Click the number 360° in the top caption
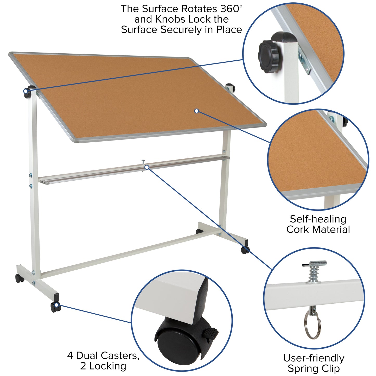coord(231,9)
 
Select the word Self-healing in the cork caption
coord(318,219)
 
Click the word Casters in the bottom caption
coord(120,355)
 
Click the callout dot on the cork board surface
coord(197,111)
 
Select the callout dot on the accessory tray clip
coord(147,167)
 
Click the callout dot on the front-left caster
coord(56,305)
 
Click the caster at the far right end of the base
coord(245,250)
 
